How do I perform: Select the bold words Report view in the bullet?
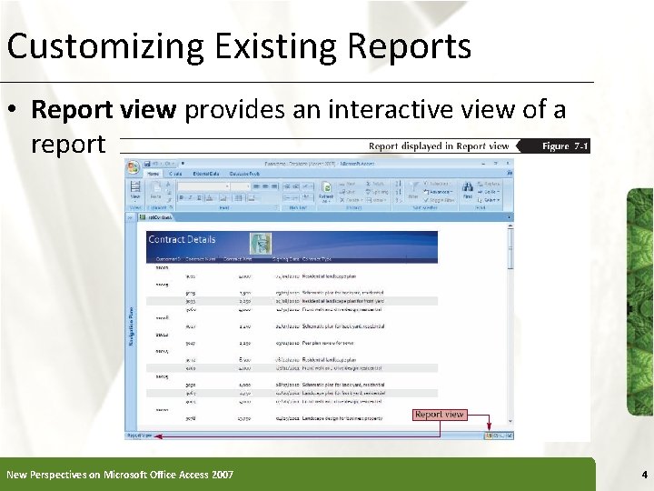(x=104, y=110)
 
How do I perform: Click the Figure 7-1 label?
(x=565, y=146)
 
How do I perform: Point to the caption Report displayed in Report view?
(x=439, y=146)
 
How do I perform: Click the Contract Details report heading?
(x=183, y=239)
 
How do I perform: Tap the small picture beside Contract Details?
(x=261, y=243)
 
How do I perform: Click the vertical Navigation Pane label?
(x=132, y=324)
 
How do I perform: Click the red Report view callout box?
(x=440, y=415)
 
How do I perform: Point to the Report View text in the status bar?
(x=140, y=436)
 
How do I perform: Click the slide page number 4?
(x=643, y=475)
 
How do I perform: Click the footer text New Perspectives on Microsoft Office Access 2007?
(x=120, y=475)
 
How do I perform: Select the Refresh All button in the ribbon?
(x=326, y=194)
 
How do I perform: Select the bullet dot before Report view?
(x=15, y=111)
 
